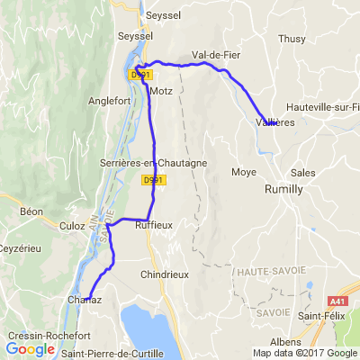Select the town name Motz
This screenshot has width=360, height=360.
162,92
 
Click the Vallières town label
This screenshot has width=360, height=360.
275,121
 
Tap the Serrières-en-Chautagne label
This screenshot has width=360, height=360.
154,162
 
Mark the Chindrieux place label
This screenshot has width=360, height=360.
165,274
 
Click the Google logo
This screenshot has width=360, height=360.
31,348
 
